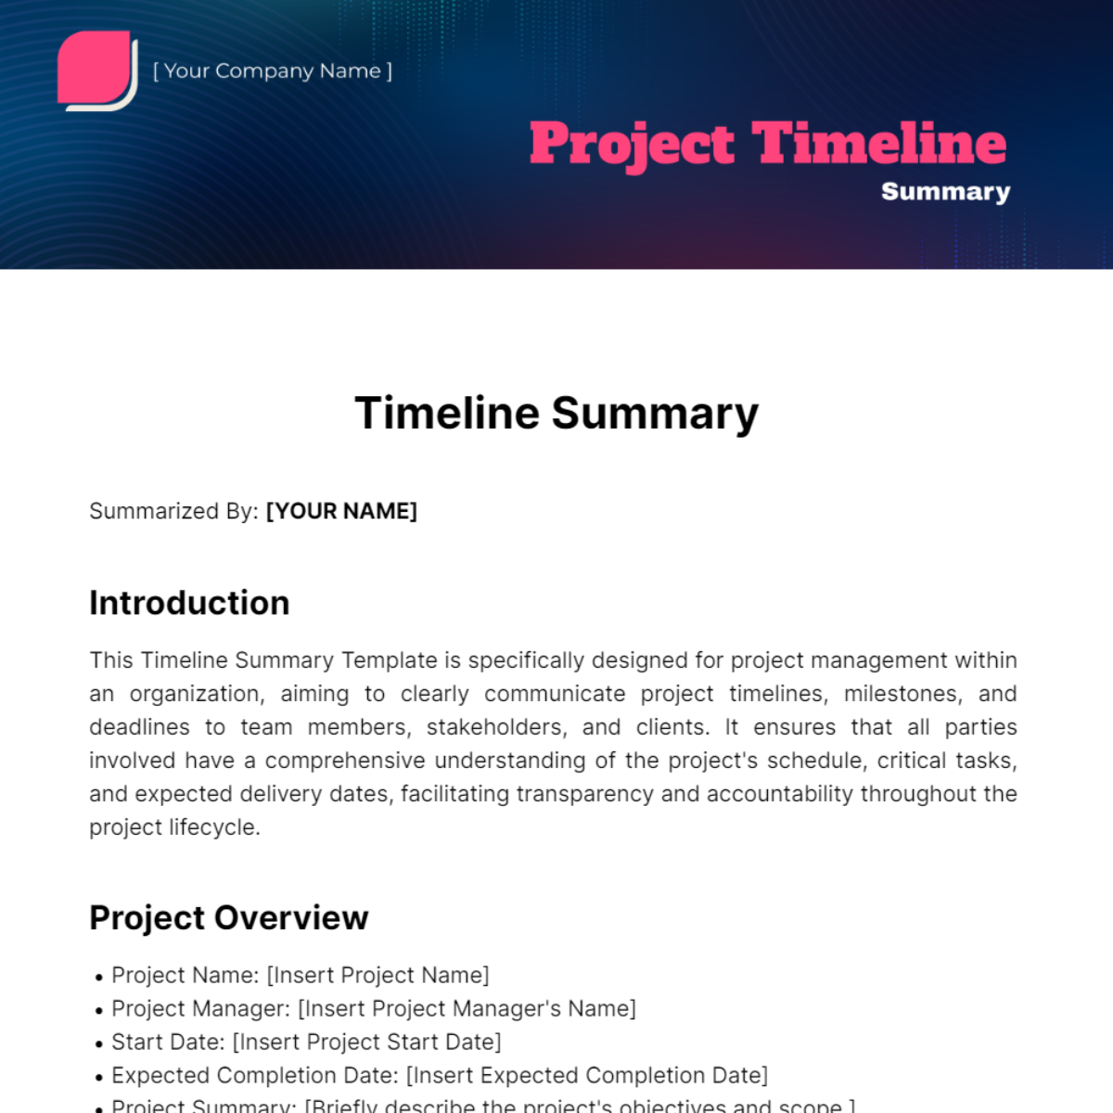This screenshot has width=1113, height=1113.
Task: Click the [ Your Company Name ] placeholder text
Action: coord(272,71)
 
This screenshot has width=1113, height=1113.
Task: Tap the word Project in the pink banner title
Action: coord(632,145)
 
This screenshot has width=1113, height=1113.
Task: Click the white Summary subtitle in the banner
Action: coord(945,192)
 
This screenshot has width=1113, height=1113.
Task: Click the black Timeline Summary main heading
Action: coord(556,414)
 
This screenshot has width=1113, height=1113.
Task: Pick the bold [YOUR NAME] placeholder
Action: coord(341,511)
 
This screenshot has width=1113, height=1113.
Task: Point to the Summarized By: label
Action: coord(173,511)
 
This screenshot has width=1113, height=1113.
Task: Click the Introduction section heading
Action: coord(189,603)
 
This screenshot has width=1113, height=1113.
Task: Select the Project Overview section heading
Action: coord(228,917)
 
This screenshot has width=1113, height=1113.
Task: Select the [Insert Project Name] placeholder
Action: coord(377,975)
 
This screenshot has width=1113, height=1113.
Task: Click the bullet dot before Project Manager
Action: coord(98,1010)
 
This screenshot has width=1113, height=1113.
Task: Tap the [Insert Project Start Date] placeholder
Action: coord(366,1042)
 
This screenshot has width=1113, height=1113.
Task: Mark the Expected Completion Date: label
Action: coord(255,1075)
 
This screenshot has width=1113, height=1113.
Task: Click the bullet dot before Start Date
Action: coord(98,1043)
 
